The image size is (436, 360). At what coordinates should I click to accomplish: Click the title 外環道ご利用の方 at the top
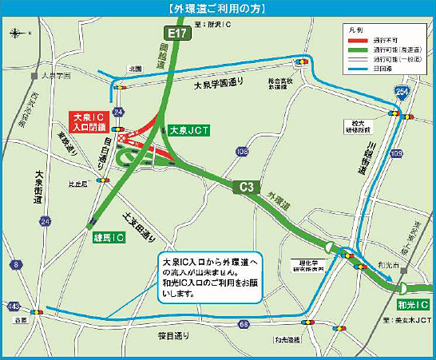[217, 9]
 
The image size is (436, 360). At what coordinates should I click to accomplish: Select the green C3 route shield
[247, 188]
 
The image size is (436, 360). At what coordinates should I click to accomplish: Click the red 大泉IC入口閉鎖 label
[90, 121]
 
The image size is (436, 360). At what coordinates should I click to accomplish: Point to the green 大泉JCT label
[189, 129]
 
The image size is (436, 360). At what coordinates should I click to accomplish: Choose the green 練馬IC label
[105, 237]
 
